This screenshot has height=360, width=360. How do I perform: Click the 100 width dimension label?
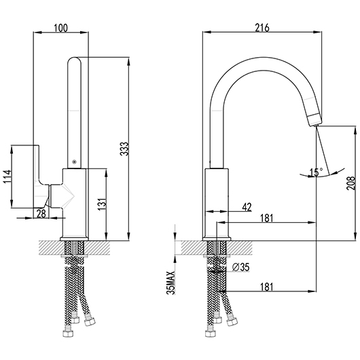tap(61, 28)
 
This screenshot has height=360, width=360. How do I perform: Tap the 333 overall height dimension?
tap(125, 149)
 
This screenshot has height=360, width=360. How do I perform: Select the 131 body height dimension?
tap(103, 204)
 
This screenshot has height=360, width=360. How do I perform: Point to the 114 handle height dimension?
tap(7, 177)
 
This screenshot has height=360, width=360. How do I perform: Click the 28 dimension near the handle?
tap(41, 214)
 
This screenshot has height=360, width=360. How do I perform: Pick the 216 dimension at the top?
tap(262, 28)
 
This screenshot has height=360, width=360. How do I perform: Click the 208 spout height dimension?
tap(350, 183)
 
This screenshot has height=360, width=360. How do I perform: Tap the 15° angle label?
tap(316, 173)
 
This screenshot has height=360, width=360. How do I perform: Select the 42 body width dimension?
tap(247, 207)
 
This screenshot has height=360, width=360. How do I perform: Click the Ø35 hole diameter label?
tap(241, 267)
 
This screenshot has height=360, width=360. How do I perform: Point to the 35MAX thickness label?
tap(171, 283)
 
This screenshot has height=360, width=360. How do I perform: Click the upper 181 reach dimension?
tap(266, 218)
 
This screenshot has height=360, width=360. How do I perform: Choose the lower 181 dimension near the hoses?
tap(266, 287)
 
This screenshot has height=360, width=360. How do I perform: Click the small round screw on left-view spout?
tap(74, 162)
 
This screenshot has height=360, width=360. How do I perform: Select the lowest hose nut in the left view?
tap(69, 334)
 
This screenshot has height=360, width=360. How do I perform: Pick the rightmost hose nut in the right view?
tap(232, 323)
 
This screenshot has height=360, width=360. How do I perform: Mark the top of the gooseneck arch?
tap(264, 58)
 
